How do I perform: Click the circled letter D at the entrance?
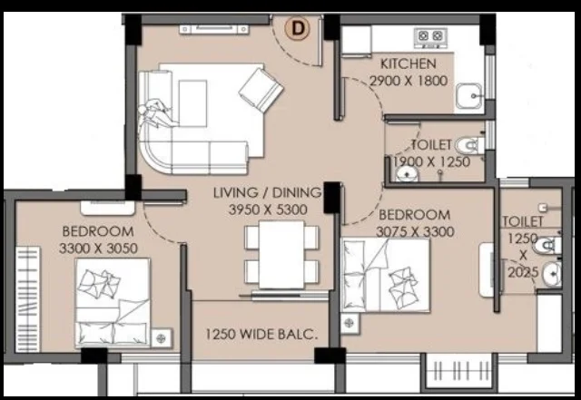[297, 28]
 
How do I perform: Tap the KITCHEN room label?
[409, 63]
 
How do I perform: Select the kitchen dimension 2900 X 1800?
[409, 81]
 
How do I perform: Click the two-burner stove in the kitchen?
[430, 37]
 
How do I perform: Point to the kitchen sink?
[468, 96]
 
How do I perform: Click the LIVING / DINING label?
[268, 192]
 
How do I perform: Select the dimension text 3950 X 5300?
[268, 210]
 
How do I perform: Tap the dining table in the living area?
[281, 255]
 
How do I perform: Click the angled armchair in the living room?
[261, 90]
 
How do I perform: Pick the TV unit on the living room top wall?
[214, 29]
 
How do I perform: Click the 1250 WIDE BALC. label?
[261, 335]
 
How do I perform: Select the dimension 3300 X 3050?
[98, 249]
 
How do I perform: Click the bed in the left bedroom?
[113, 303]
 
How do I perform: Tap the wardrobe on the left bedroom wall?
[28, 299]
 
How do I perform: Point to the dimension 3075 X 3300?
[415, 232]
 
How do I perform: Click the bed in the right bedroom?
[385, 275]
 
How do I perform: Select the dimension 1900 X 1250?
[432, 161]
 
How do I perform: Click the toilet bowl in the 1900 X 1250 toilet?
[469, 146]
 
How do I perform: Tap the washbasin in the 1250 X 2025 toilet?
[553, 274]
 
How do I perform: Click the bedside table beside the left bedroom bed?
[162, 338]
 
